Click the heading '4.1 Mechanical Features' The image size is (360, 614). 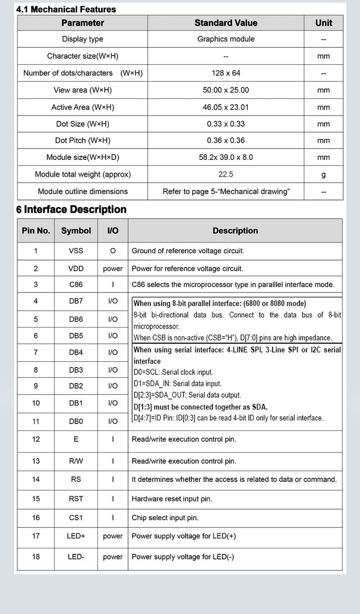pos(66,9)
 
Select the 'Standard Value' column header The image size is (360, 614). pos(226,23)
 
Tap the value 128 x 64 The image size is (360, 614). pos(226,73)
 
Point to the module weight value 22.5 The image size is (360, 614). pos(226,174)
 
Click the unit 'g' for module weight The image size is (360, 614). pos(324,174)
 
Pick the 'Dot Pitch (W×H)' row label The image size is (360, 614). pos(82,140)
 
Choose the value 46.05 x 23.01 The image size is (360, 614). pos(226,107)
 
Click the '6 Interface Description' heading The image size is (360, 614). pos(71,210)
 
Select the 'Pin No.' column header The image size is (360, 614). pos(36,230)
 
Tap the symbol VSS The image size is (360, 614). pos(76,251)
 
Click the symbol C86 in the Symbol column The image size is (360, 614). pos(76,285)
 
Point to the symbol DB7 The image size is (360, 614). pos(76,301)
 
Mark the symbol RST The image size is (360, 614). pos(76,499)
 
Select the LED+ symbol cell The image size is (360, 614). pos(76,536)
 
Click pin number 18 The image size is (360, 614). pos(36,557)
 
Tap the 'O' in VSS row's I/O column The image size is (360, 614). pos(113,251)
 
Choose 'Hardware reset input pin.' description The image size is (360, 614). pos(172,499)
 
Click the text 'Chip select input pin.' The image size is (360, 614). pos(165,518)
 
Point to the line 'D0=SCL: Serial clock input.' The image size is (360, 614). pos(173,372)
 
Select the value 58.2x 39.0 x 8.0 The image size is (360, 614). pos(226,157)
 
